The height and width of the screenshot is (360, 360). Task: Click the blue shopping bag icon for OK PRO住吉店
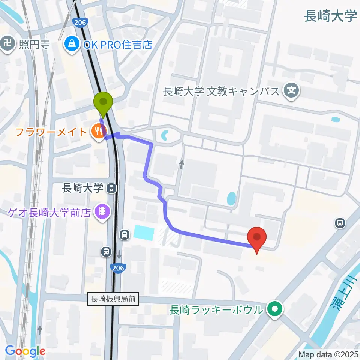70,45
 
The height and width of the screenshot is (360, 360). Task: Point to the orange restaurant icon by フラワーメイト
98,131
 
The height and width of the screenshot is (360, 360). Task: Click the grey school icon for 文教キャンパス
292,90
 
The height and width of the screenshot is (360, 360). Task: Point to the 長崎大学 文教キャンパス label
221,91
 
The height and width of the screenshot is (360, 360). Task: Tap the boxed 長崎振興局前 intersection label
113,299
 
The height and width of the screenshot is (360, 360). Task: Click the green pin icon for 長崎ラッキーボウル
275,310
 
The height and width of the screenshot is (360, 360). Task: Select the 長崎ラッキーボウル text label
216,310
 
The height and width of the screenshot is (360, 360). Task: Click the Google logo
25,351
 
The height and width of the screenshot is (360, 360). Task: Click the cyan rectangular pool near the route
144,233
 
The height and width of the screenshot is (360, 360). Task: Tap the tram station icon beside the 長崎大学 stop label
111,188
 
